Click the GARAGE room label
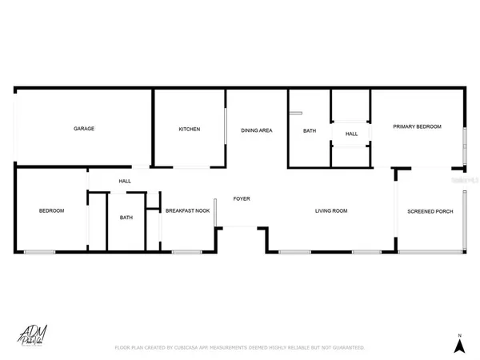84,129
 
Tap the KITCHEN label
189,129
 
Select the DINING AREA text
257,129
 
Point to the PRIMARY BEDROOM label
416,126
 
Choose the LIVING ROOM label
330,211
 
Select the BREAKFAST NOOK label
187,211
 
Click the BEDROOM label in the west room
51,211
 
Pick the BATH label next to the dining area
309,132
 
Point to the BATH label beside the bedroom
126,218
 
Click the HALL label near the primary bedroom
351,134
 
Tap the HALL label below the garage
125,181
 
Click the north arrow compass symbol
459,346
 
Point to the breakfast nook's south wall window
186,253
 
